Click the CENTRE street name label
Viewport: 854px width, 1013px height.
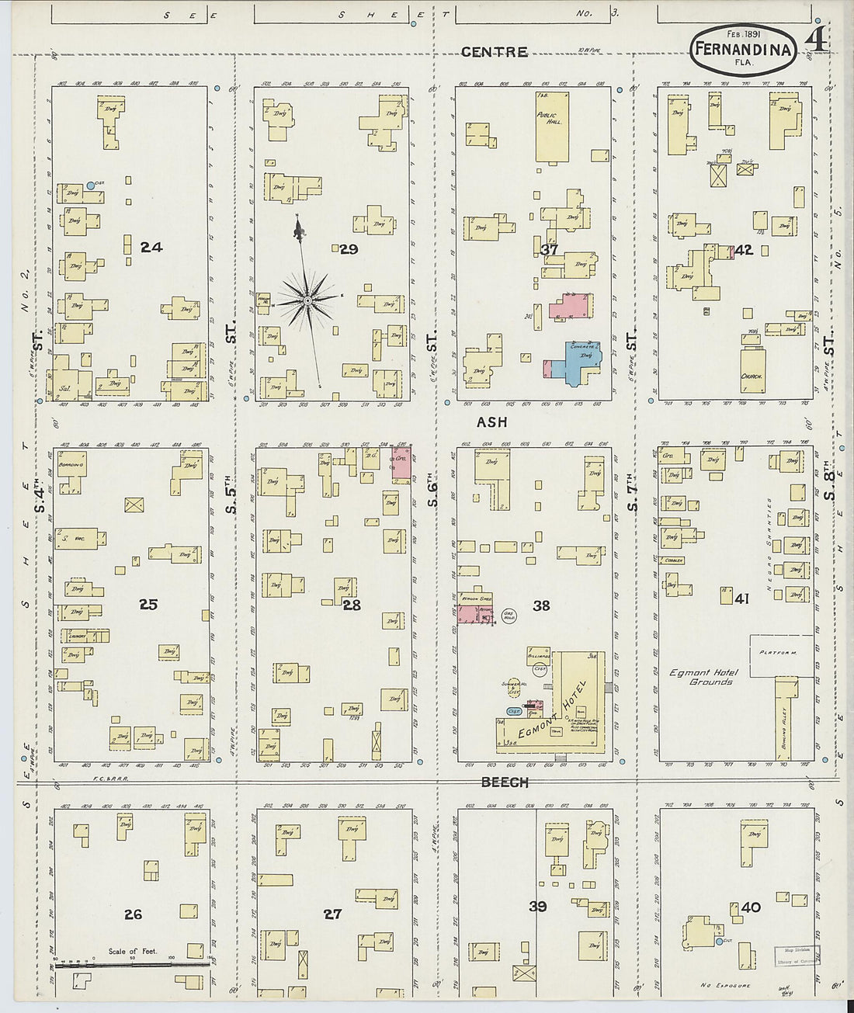(494, 52)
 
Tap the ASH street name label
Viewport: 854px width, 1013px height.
(491, 422)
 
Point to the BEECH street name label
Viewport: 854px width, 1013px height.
(505, 782)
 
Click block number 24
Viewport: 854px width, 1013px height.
(151, 247)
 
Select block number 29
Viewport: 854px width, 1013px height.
(349, 249)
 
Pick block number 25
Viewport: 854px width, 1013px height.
(148, 604)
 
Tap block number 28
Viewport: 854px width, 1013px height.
(352, 605)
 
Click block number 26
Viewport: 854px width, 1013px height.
(133, 914)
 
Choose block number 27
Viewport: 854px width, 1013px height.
(332, 914)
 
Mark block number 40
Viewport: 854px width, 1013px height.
(751, 907)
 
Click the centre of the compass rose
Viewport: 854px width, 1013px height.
(307, 300)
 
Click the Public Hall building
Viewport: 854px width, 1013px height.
(551, 127)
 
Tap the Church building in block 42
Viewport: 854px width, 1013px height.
(752, 370)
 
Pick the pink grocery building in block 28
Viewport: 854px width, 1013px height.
(402, 465)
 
